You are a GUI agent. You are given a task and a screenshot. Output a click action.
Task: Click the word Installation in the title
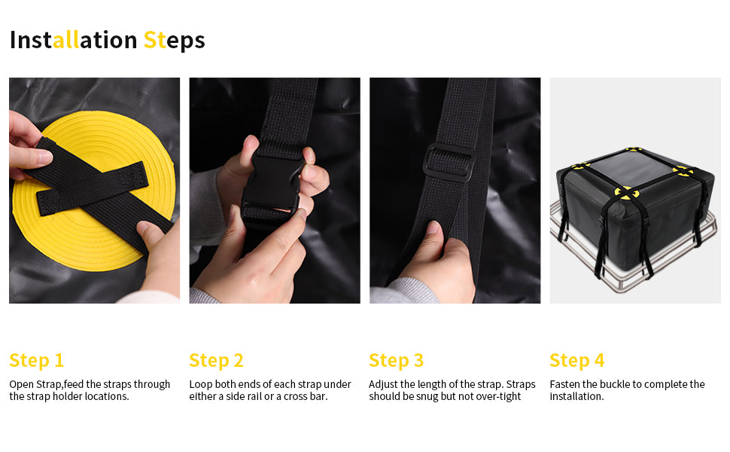[x=74, y=40]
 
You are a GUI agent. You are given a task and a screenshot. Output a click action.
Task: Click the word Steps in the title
[x=174, y=41]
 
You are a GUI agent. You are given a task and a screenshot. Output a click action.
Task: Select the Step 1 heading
[x=36, y=361]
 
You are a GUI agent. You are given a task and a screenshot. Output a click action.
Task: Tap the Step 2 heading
[x=216, y=361]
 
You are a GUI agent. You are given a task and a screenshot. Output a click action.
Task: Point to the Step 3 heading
[x=396, y=361]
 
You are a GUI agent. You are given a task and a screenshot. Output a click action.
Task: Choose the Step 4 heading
[x=576, y=361]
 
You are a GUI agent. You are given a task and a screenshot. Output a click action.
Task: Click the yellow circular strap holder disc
[x=93, y=191]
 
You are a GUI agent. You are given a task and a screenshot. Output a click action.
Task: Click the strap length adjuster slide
[x=449, y=163]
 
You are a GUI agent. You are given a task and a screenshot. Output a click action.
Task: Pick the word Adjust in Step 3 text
[x=383, y=385]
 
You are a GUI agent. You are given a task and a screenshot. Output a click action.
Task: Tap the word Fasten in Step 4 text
[x=564, y=384]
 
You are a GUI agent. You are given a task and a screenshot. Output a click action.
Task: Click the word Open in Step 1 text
[x=21, y=385]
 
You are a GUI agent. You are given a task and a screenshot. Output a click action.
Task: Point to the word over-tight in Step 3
[x=499, y=396]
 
